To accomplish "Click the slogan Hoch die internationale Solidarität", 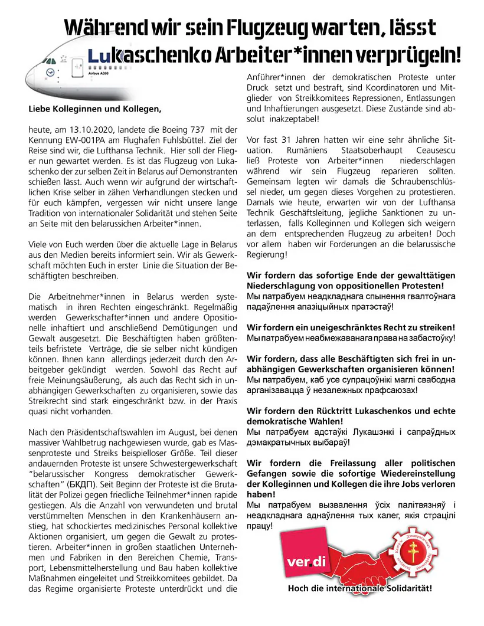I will click(359, 588).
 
